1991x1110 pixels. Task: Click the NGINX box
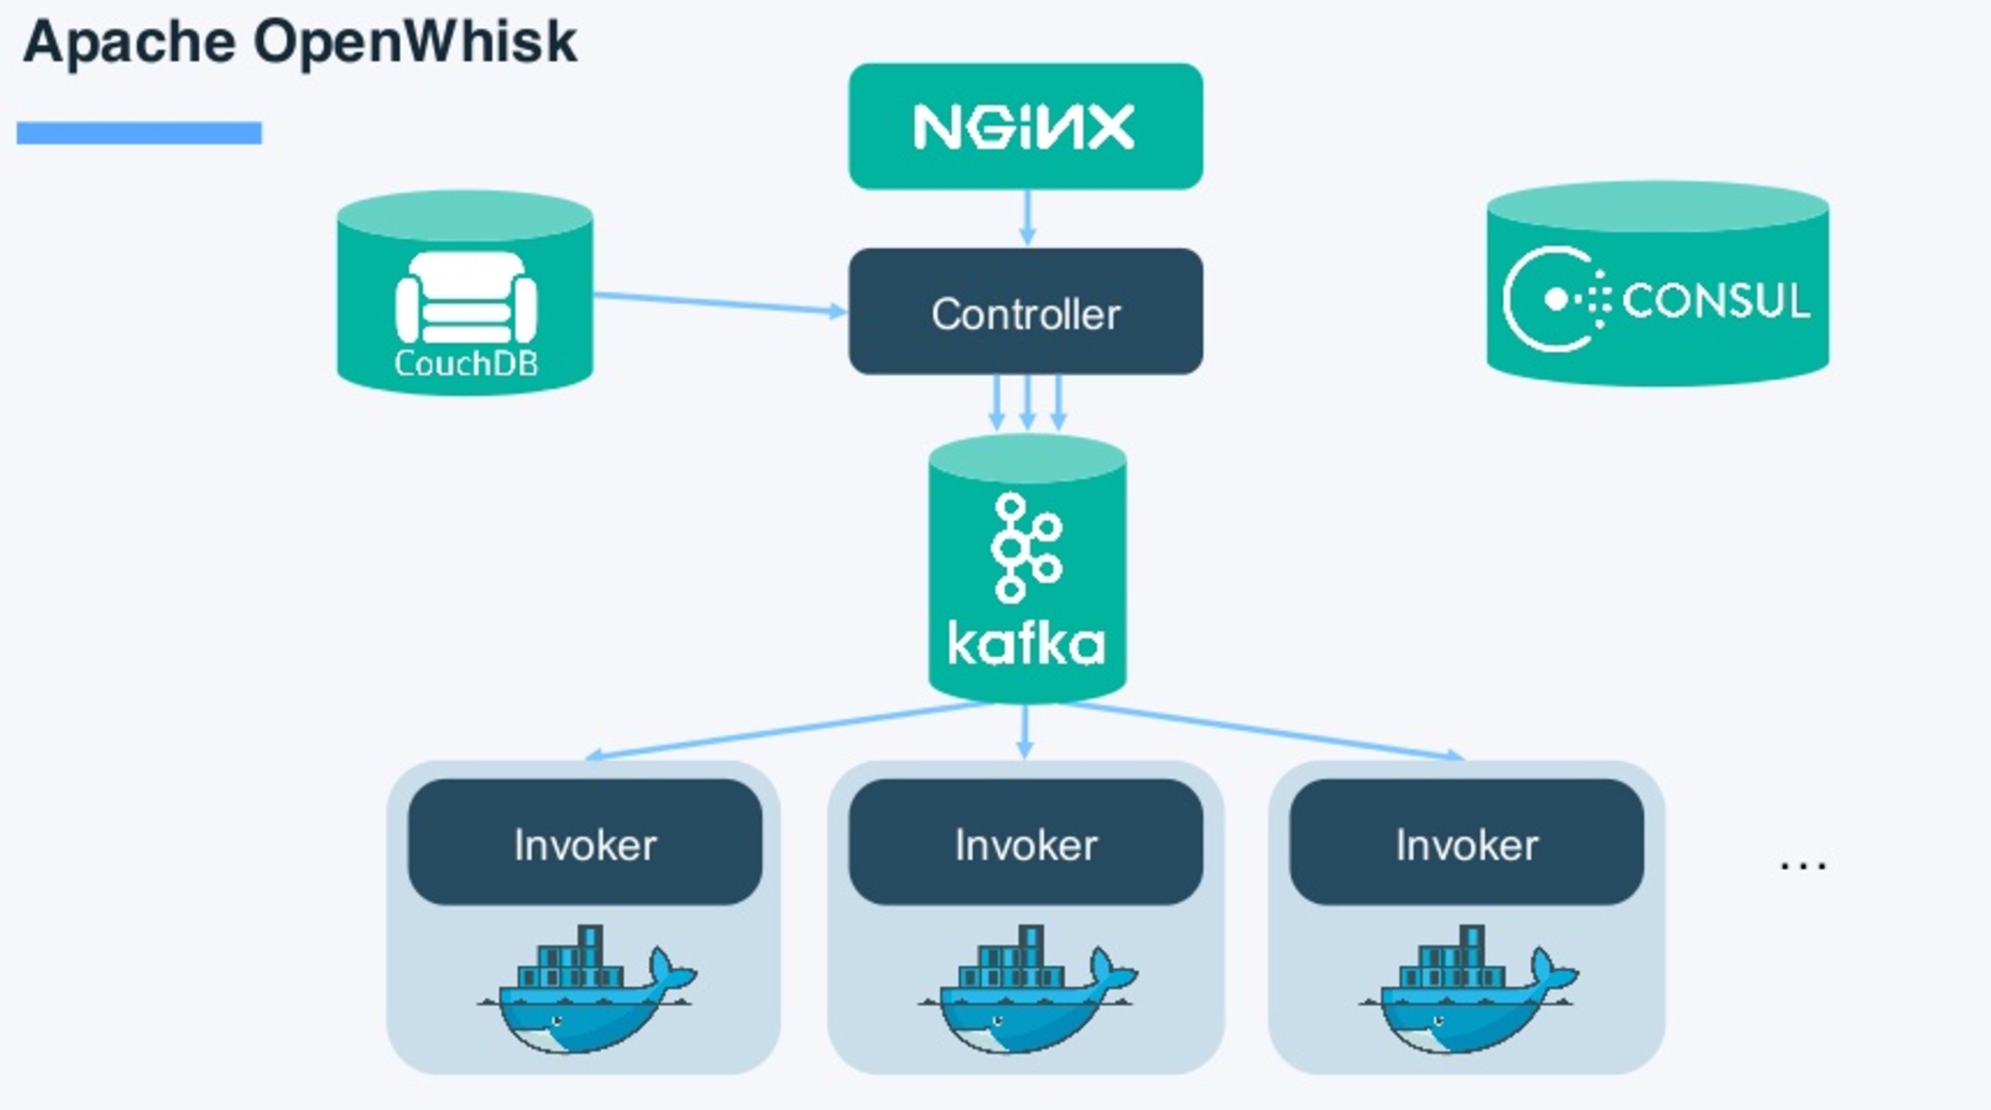(x=1026, y=126)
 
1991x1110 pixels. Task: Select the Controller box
(x=1026, y=312)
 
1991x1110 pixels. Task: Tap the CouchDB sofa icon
(x=466, y=298)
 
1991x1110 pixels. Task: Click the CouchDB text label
(x=466, y=363)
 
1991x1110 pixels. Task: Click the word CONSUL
(x=1715, y=300)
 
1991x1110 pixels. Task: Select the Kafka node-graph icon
(x=1026, y=547)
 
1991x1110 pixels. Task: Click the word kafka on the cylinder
(x=1026, y=643)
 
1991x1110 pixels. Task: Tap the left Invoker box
(x=585, y=843)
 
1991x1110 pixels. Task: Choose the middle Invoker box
(x=1026, y=843)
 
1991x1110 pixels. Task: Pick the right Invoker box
(x=1466, y=843)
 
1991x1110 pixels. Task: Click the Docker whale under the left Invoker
(x=587, y=993)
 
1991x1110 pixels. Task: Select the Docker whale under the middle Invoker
(x=1028, y=993)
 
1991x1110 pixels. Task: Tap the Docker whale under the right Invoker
(x=1468, y=993)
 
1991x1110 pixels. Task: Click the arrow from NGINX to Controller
(x=1027, y=218)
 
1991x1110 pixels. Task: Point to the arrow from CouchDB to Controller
(x=719, y=303)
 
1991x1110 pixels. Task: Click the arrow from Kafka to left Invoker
(x=789, y=730)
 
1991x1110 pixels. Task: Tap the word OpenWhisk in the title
(x=415, y=42)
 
